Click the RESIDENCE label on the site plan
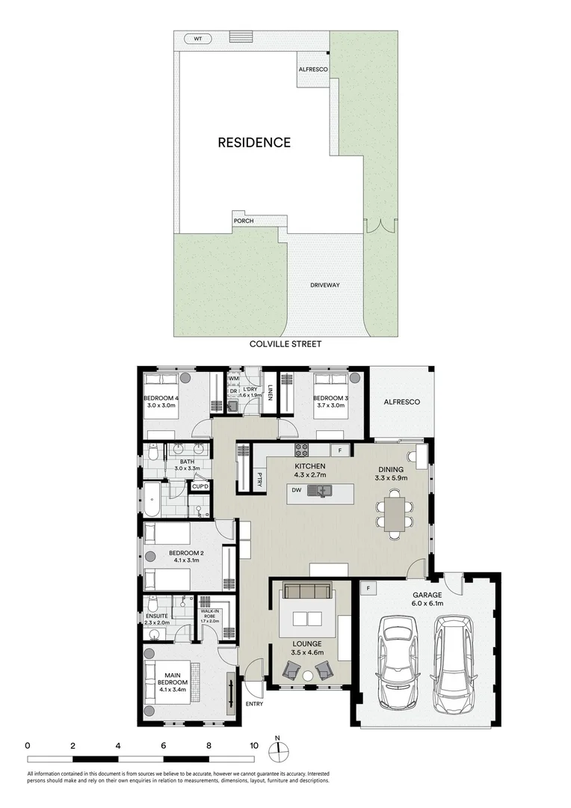(254, 142)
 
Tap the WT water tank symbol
(198, 39)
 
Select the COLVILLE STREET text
(285, 344)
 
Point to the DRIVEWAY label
(325, 285)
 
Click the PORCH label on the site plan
(244, 221)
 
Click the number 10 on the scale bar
(254, 746)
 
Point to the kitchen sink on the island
(323, 492)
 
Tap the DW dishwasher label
(296, 492)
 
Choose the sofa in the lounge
(306, 593)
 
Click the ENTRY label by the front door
(254, 703)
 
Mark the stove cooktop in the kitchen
(303, 450)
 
